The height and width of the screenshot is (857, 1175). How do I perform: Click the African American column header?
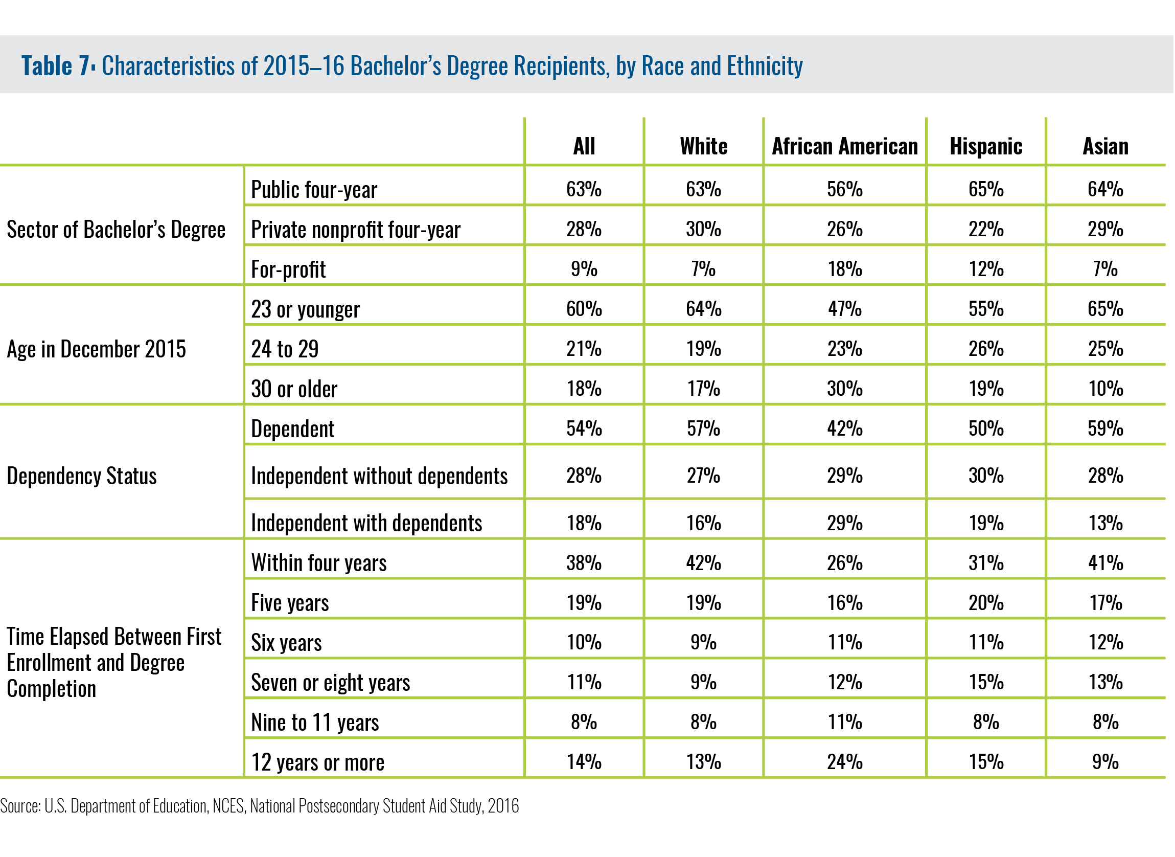click(845, 146)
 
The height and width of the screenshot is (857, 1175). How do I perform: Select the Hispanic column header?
click(986, 146)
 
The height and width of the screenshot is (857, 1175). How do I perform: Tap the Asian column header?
click(1105, 146)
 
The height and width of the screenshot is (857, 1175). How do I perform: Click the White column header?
click(704, 146)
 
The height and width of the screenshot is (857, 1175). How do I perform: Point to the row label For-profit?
click(288, 269)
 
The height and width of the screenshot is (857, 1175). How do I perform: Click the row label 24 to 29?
click(285, 349)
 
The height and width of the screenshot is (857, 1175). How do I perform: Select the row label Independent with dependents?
click(366, 523)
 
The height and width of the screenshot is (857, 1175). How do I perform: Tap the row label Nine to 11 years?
click(315, 722)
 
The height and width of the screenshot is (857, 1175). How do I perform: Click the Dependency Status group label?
click(81, 476)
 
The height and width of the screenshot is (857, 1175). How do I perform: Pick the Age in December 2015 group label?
click(97, 349)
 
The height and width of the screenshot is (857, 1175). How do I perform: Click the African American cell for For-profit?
click(845, 269)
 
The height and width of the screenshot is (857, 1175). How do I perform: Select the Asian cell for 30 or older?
click(1105, 389)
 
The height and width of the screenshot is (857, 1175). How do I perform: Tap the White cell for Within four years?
click(704, 563)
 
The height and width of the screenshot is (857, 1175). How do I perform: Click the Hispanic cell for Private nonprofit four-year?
click(986, 229)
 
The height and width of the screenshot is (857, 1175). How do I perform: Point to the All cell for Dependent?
click(584, 429)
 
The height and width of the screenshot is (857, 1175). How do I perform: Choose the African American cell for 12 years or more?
click(845, 762)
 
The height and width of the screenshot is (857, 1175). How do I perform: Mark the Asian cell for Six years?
click(1105, 643)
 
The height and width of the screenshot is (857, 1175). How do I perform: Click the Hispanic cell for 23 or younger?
click(986, 309)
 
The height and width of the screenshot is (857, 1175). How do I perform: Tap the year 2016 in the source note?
click(503, 806)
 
